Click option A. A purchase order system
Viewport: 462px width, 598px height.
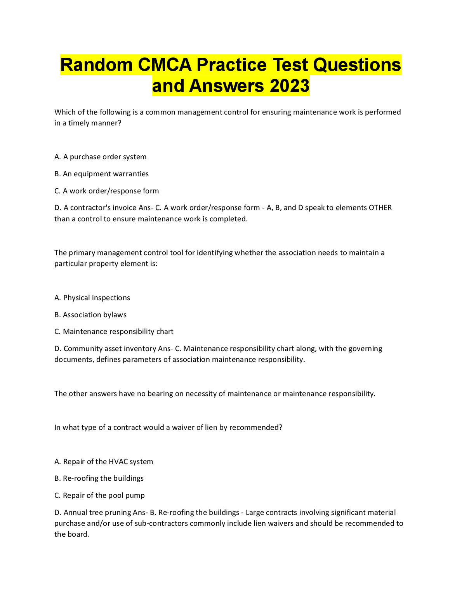click(x=101, y=157)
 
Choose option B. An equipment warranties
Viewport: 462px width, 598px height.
click(x=102, y=174)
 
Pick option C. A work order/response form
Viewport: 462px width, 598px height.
click(x=107, y=191)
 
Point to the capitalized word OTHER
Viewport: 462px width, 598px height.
click(x=380, y=208)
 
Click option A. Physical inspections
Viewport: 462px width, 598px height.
click(x=92, y=298)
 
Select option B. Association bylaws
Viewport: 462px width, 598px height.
click(x=90, y=315)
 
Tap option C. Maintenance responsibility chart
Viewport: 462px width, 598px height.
click(x=114, y=332)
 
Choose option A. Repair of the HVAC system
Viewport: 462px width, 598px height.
click(x=104, y=462)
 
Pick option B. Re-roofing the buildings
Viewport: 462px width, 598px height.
click(x=99, y=478)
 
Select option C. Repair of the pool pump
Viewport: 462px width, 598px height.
click(x=99, y=495)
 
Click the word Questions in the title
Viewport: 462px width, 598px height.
click(x=357, y=65)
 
